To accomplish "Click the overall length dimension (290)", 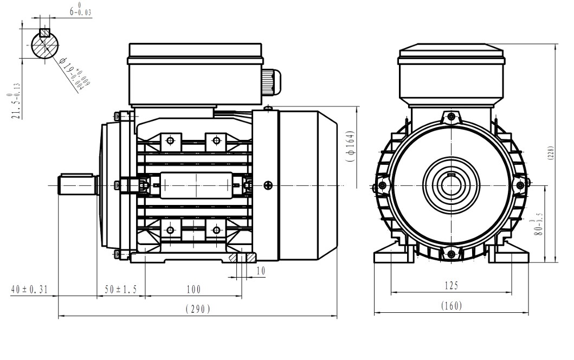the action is point(198,310).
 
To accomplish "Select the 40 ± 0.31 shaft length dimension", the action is point(29,290).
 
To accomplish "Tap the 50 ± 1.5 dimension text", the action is point(120,290).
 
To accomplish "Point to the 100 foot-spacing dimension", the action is point(194,290).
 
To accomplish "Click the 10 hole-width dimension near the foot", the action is point(261,271).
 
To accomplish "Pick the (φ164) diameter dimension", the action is point(350,146).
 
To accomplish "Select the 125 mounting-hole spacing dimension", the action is point(452,285).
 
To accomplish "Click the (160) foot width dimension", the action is point(452,306).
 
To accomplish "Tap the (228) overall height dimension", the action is point(551,153).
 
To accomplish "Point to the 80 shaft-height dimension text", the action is point(537,224).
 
